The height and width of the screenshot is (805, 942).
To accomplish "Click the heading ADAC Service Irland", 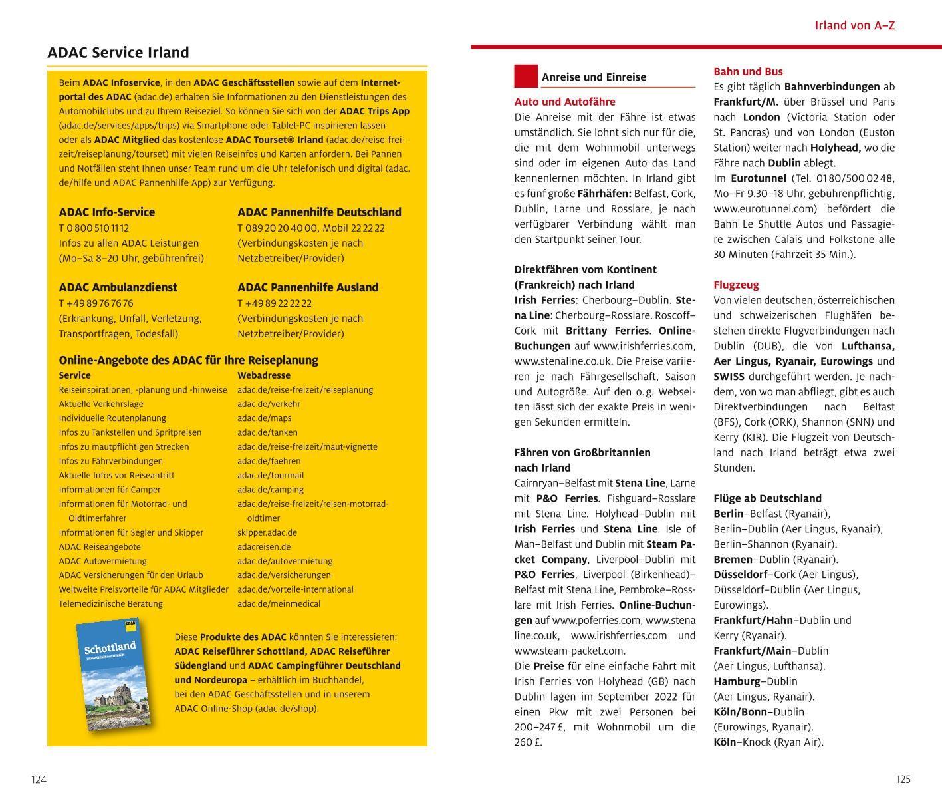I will pyautogui.click(x=118, y=53).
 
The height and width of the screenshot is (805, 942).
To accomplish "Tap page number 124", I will pyautogui.click(x=39, y=780).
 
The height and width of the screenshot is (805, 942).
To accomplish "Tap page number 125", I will pyautogui.click(x=903, y=780).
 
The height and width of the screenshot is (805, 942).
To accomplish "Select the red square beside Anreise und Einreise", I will pyautogui.click(x=525, y=76).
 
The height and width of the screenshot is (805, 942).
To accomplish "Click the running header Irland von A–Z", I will pyautogui.click(x=855, y=25).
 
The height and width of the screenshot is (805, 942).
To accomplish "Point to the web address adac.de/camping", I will pyautogui.click(x=271, y=490).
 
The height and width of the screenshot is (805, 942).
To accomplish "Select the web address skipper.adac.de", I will pyautogui.click(x=267, y=532).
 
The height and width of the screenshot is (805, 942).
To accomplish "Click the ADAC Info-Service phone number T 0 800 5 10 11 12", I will pyautogui.click(x=94, y=228).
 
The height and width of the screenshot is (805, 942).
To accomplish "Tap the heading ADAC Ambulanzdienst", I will pyautogui.click(x=118, y=287).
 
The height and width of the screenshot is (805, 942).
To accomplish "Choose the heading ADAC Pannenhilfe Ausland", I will pyautogui.click(x=307, y=287).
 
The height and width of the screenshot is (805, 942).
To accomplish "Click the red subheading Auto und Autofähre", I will pyautogui.click(x=564, y=102).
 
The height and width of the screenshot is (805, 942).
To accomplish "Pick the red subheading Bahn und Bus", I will pyautogui.click(x=748, y=71).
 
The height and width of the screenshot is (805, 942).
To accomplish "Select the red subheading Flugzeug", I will pyautogui.click(x=736, y=285).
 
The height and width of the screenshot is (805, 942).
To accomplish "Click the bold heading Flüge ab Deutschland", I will pyautogui.click(x=767, y=498).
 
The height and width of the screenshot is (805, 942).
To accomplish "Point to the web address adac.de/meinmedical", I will pyautogui.click(x=279, y=604).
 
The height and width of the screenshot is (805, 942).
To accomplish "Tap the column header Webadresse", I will pyautogui.click(x=264, y=375).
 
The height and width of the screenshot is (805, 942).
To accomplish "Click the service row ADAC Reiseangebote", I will pyautogui.click(x=100, y=547).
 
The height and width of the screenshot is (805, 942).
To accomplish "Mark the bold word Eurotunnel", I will pyautogui.click(x=758, y=178).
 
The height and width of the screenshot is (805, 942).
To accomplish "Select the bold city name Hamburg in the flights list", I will pyautogui.click(x=737, y=681).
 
